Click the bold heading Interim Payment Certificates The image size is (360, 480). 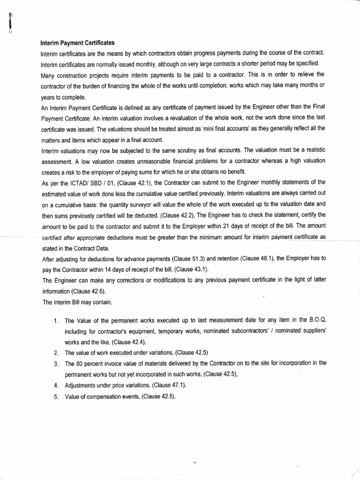(77, 43)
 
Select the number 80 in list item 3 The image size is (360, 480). (81, 363)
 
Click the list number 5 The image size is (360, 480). (55, 397)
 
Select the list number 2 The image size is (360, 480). (55, 353)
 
